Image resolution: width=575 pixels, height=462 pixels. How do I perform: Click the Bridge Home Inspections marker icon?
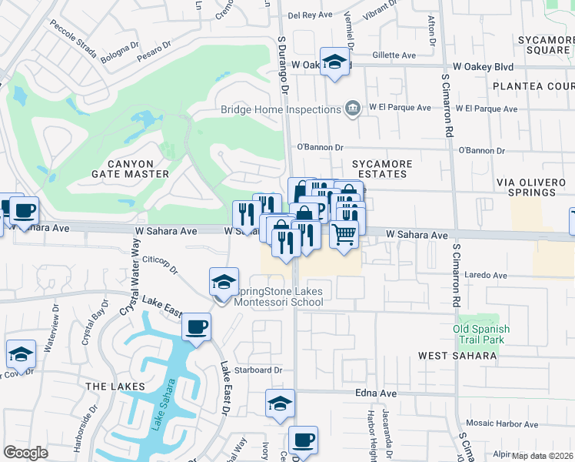pos(353,109)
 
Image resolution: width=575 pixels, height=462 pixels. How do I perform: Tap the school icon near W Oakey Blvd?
pos(334,63)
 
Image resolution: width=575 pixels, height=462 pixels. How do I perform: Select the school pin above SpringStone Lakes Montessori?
pos(224,282)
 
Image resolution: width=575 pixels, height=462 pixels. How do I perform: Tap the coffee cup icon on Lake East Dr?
pos(196,328)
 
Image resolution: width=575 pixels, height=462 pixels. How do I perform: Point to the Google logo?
pos(25,453)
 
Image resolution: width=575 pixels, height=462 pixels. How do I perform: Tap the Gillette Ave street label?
pos(394,55)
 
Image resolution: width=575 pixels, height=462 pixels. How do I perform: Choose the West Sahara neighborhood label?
pos(457,356)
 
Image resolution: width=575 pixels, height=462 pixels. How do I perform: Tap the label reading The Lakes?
pos(115,386)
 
